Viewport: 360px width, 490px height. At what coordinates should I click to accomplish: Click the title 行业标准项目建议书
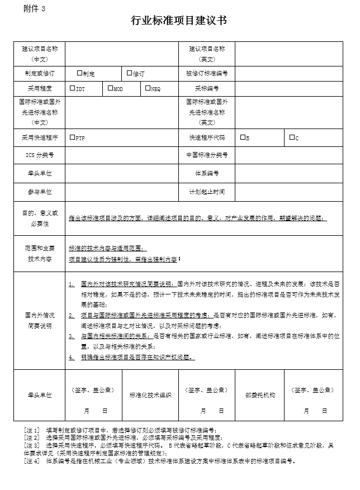point(179,21)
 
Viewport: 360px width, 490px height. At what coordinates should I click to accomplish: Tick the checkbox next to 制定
point(79,73)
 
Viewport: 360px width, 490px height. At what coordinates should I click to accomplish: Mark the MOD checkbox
point(110,88)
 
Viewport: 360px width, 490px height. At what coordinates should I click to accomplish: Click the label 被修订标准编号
point(207,73)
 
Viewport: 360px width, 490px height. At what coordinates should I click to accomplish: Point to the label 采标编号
point(207,88)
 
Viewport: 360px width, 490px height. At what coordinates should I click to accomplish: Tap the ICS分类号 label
point(40,154)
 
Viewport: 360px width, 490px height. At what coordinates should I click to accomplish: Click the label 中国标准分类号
point(207,154)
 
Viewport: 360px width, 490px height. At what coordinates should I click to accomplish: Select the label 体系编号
point(207,173)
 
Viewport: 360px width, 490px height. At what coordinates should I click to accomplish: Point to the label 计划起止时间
point(207,192)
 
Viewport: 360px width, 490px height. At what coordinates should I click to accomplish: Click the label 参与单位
point(40,192)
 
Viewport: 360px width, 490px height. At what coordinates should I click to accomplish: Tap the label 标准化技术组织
point(150,394)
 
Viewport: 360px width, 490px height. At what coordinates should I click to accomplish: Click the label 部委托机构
point(260,394)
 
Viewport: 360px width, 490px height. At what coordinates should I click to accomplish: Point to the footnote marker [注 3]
point(32,445)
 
